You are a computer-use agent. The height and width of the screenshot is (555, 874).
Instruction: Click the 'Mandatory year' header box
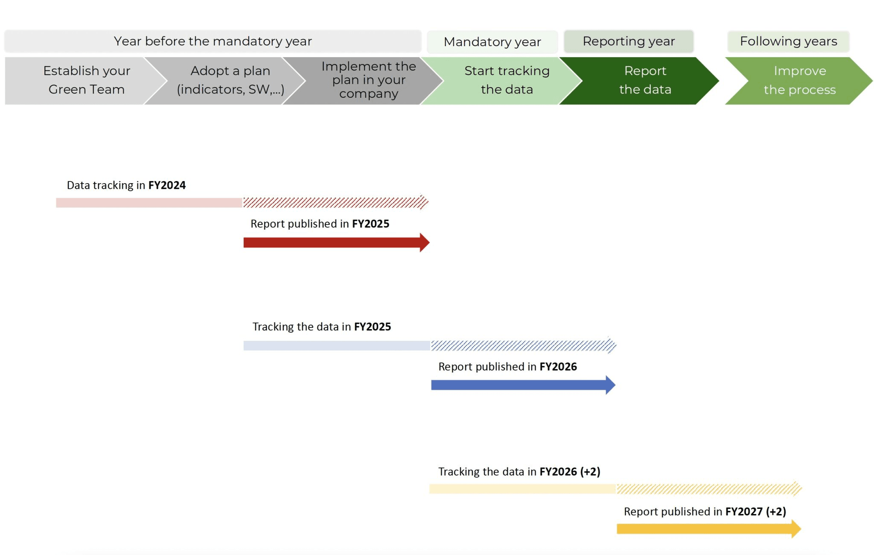click(x=492, y=42)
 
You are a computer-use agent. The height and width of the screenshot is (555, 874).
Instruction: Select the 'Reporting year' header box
click(x=629, y=41)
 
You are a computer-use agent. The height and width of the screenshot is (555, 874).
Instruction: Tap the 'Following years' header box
click(x=788, y=41)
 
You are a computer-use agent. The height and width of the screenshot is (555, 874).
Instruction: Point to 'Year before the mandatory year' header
click(x=213, y=41)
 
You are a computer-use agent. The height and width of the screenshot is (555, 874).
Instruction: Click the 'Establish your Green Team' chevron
click(x=81, y=80)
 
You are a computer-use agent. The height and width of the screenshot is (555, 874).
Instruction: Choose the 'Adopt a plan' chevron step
click(x=226, y=80)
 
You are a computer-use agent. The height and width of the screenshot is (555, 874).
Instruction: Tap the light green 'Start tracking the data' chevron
click(x=504, y=80)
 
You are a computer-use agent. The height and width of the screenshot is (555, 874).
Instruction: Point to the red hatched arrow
click(x=335, y=202)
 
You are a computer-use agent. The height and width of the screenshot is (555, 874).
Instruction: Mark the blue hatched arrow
click(x=523, y=345)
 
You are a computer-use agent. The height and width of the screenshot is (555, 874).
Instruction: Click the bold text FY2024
click(x=167, y=185)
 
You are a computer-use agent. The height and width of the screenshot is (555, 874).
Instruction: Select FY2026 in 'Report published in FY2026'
click(x=558, y=367)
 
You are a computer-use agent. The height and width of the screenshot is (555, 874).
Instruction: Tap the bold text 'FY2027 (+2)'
click(x=755, y=511)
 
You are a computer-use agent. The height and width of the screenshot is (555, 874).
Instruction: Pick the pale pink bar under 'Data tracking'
click(x=149, y=203)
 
